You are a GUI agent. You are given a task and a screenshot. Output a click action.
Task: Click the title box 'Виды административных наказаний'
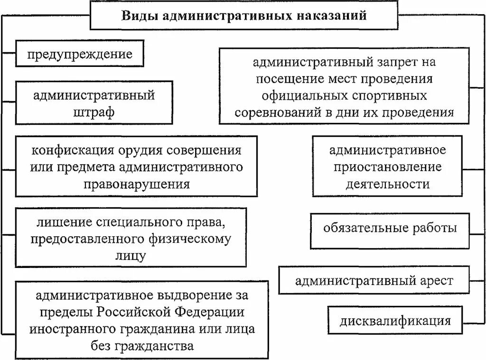(x=244, y=15)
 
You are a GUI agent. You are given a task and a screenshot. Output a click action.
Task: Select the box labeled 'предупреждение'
(x=79, y=54)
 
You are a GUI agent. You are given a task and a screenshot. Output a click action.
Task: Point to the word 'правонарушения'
(x=136, y=184)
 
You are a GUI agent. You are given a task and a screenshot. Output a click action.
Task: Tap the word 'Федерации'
(x=209, y=312)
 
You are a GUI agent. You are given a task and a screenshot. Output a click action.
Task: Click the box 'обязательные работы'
(x=390, y=228)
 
